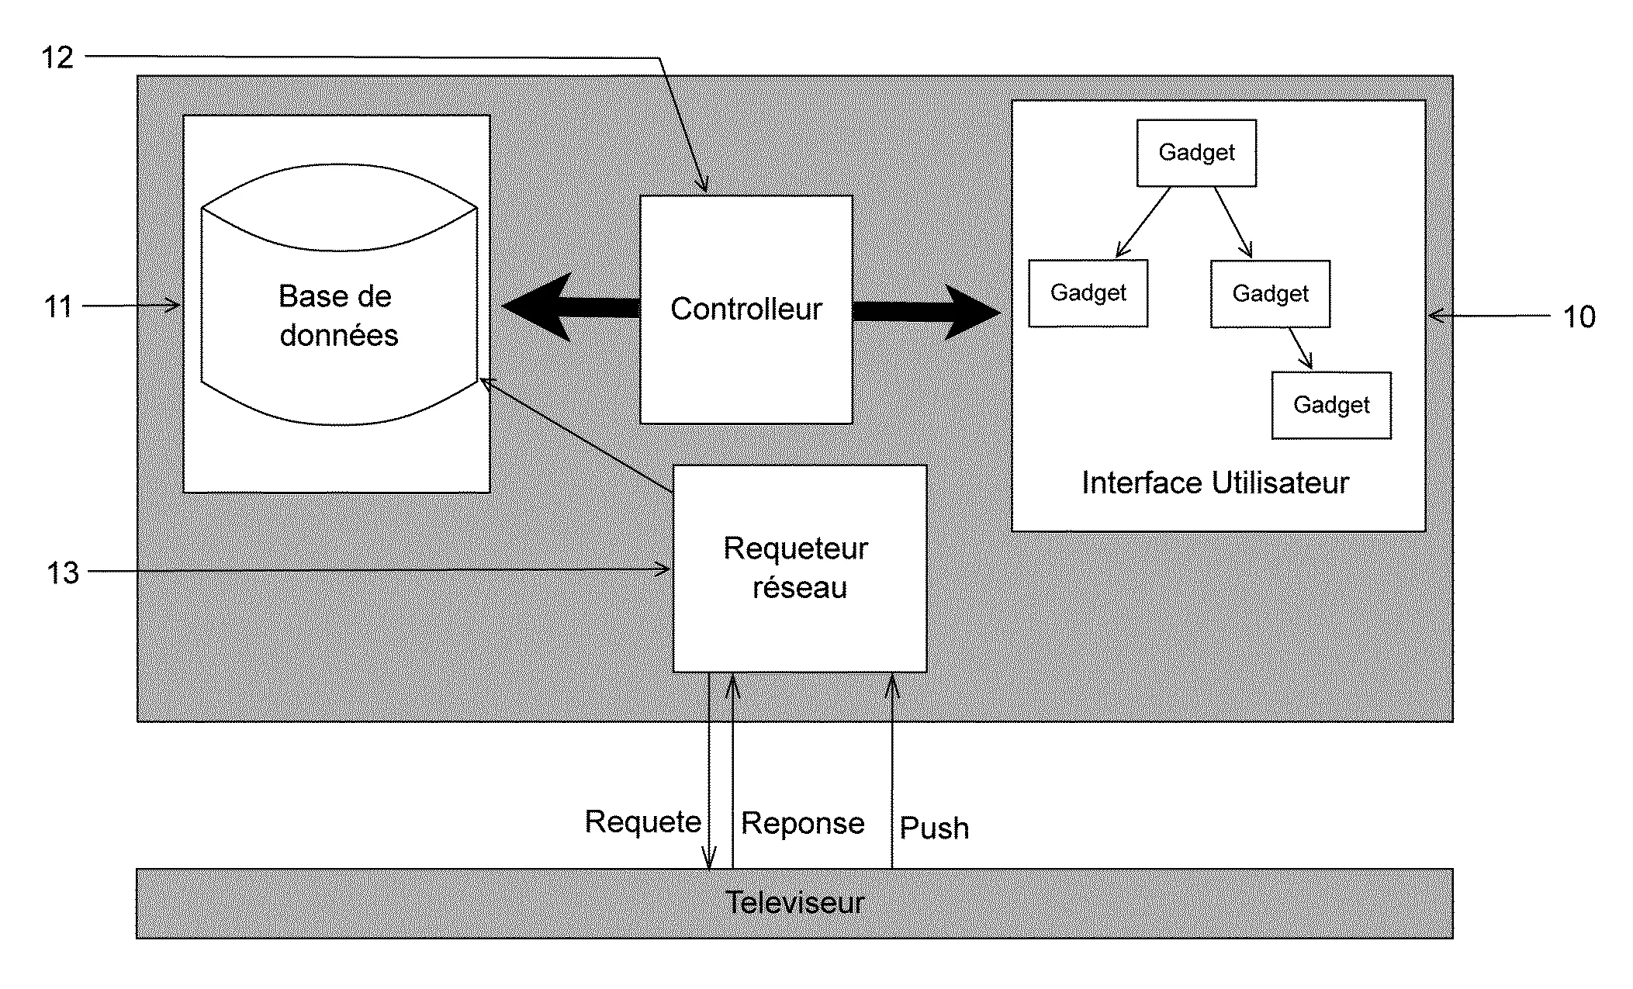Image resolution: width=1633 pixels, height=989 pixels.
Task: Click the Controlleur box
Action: pos(746,309)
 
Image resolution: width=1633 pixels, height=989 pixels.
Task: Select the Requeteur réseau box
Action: pos(800,569)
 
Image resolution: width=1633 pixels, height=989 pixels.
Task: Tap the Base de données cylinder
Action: pos(339,295)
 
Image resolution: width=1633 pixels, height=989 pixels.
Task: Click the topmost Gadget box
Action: pos(1196,153)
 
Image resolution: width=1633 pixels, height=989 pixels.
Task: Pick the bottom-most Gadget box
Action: pos(1331,406)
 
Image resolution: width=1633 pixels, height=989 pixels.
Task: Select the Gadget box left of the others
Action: pos(1088,293)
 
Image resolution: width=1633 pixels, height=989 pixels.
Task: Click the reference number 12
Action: pos(57,57)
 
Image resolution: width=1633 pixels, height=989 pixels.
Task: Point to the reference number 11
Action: pos(58,307)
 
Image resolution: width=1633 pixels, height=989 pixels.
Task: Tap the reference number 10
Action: pos(1579,317)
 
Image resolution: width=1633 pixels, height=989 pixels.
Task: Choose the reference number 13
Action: pos(63,573)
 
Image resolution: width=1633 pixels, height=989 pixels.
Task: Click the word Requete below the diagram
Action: pos(643,821)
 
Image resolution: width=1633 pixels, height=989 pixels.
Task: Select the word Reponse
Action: pos(803,823)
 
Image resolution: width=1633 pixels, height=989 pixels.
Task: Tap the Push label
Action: pos(934,828)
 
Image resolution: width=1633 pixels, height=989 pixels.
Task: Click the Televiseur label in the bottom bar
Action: pos(794,903)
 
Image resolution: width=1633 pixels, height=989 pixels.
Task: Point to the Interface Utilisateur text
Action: pos(1216,483)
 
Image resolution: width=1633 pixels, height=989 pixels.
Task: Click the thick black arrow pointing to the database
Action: pos(571,306)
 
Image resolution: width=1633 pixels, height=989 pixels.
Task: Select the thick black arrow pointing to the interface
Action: pos(926,311)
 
